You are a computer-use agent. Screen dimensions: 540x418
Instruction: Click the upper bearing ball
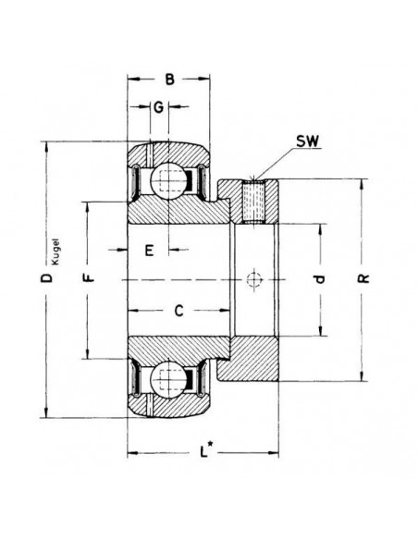(x=168, y=179)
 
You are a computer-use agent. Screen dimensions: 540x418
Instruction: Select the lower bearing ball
(x=168, y=376)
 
